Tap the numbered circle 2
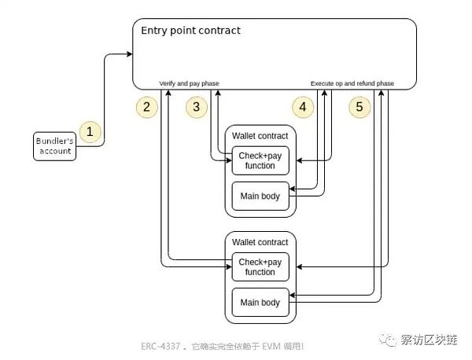tap(146, 107)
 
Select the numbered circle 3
tap(197, 107)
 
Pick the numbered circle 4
tap(303, 107)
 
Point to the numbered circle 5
tap(360, 107)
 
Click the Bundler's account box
tap(55, 145)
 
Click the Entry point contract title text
tap(190, 31)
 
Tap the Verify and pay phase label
tap(189, 83)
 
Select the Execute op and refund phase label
tap(352, 83)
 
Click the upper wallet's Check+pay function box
tap(260, 160)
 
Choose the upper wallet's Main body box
tap(260, 196)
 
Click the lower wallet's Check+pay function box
tap(260, 266)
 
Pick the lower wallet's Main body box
tap(260, 303)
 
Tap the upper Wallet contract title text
tap(260, 136)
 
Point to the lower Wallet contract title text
tap(260, 242)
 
